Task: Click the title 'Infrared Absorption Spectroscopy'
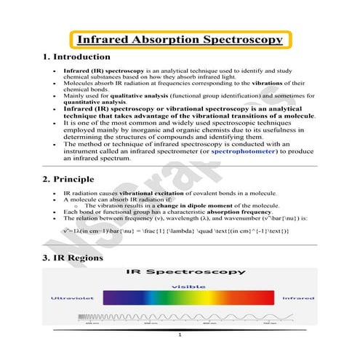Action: click(x=179, y=40)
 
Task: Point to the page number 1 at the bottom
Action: click(x=180, y=336)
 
